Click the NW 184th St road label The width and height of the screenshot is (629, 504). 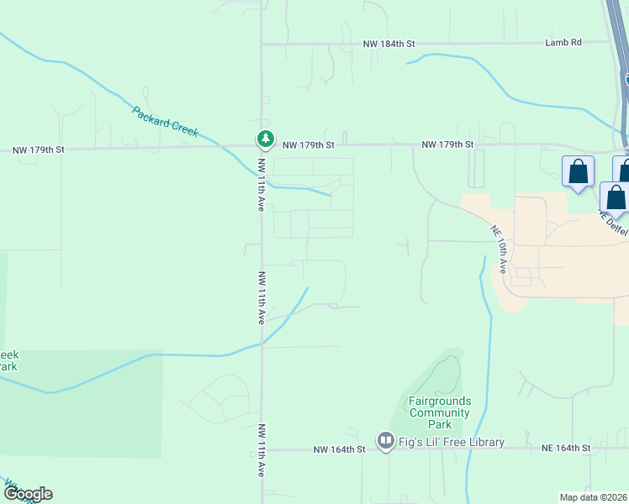tap(389, 44)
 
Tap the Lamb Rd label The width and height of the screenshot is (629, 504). tap(563, 43)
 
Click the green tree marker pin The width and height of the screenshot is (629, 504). tap(265, 139)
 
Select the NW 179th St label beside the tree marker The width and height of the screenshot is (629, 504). tap(308, 145)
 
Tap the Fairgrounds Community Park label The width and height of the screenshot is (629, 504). tap(439, 412)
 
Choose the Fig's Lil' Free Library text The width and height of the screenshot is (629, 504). tap(452, 443)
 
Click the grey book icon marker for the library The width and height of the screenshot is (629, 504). tap(386, 440)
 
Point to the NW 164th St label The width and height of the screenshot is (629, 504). tap(340, 450)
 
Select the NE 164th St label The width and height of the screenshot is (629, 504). tap(566, 449)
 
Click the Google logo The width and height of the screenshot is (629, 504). tap(27, 494)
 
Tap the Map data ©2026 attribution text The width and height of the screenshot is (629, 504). tap(594, 496)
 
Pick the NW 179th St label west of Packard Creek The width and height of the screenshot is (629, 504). tap(39, 150)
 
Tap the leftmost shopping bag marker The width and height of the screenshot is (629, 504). tap(578, 172)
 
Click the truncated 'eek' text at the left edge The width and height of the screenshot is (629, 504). tap(9, 360)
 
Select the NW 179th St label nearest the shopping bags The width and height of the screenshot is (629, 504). tap(448, 145)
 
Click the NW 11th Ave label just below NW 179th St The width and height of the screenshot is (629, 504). tap(262, 185)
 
